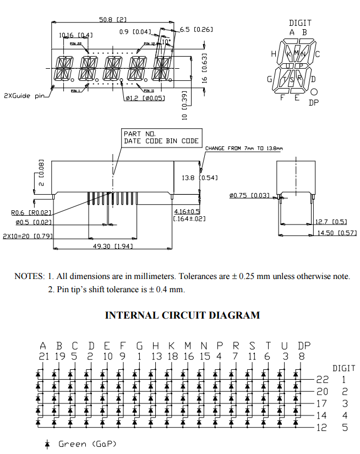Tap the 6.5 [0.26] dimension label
(196, 29)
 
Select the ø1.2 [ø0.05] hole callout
(145, 98)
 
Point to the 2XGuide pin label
(24, 95)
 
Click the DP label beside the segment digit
(313, 102)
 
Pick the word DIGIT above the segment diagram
(300, 23)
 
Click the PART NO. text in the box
(140, 134)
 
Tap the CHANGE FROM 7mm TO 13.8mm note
(243, 149)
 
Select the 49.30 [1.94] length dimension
(113, 246)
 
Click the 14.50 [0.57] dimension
(337, 233)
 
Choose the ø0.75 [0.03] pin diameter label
(249, 195)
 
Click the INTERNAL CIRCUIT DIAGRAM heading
(182, 315)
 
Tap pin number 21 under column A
(43, 357)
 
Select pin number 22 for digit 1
(322, 379)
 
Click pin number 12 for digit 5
(322, 426)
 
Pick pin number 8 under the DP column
(301, 357)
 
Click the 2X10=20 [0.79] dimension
(28, 236)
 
